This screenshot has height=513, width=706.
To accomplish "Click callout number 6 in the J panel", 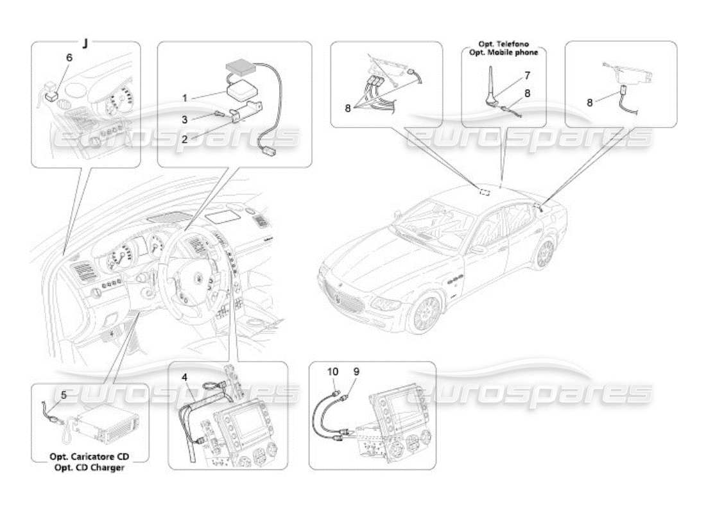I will click(69, 57).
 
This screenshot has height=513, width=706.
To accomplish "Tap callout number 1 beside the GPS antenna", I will click(184, 98).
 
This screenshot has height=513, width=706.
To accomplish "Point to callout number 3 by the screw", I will click(184, 120).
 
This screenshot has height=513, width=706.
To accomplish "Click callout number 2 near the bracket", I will click(184, 138).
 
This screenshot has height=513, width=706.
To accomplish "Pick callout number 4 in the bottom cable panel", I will click(184, 378).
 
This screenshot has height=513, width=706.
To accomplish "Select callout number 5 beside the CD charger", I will click(63, 395).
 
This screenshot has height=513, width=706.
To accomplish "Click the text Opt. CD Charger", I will click(90, 467).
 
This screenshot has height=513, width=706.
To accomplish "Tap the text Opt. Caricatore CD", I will click(90, 457).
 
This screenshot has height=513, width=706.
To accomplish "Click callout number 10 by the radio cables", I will click(333, 371).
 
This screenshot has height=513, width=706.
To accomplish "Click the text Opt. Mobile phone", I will click(503, 53).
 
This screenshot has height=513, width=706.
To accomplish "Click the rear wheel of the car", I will click(544, 254).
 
